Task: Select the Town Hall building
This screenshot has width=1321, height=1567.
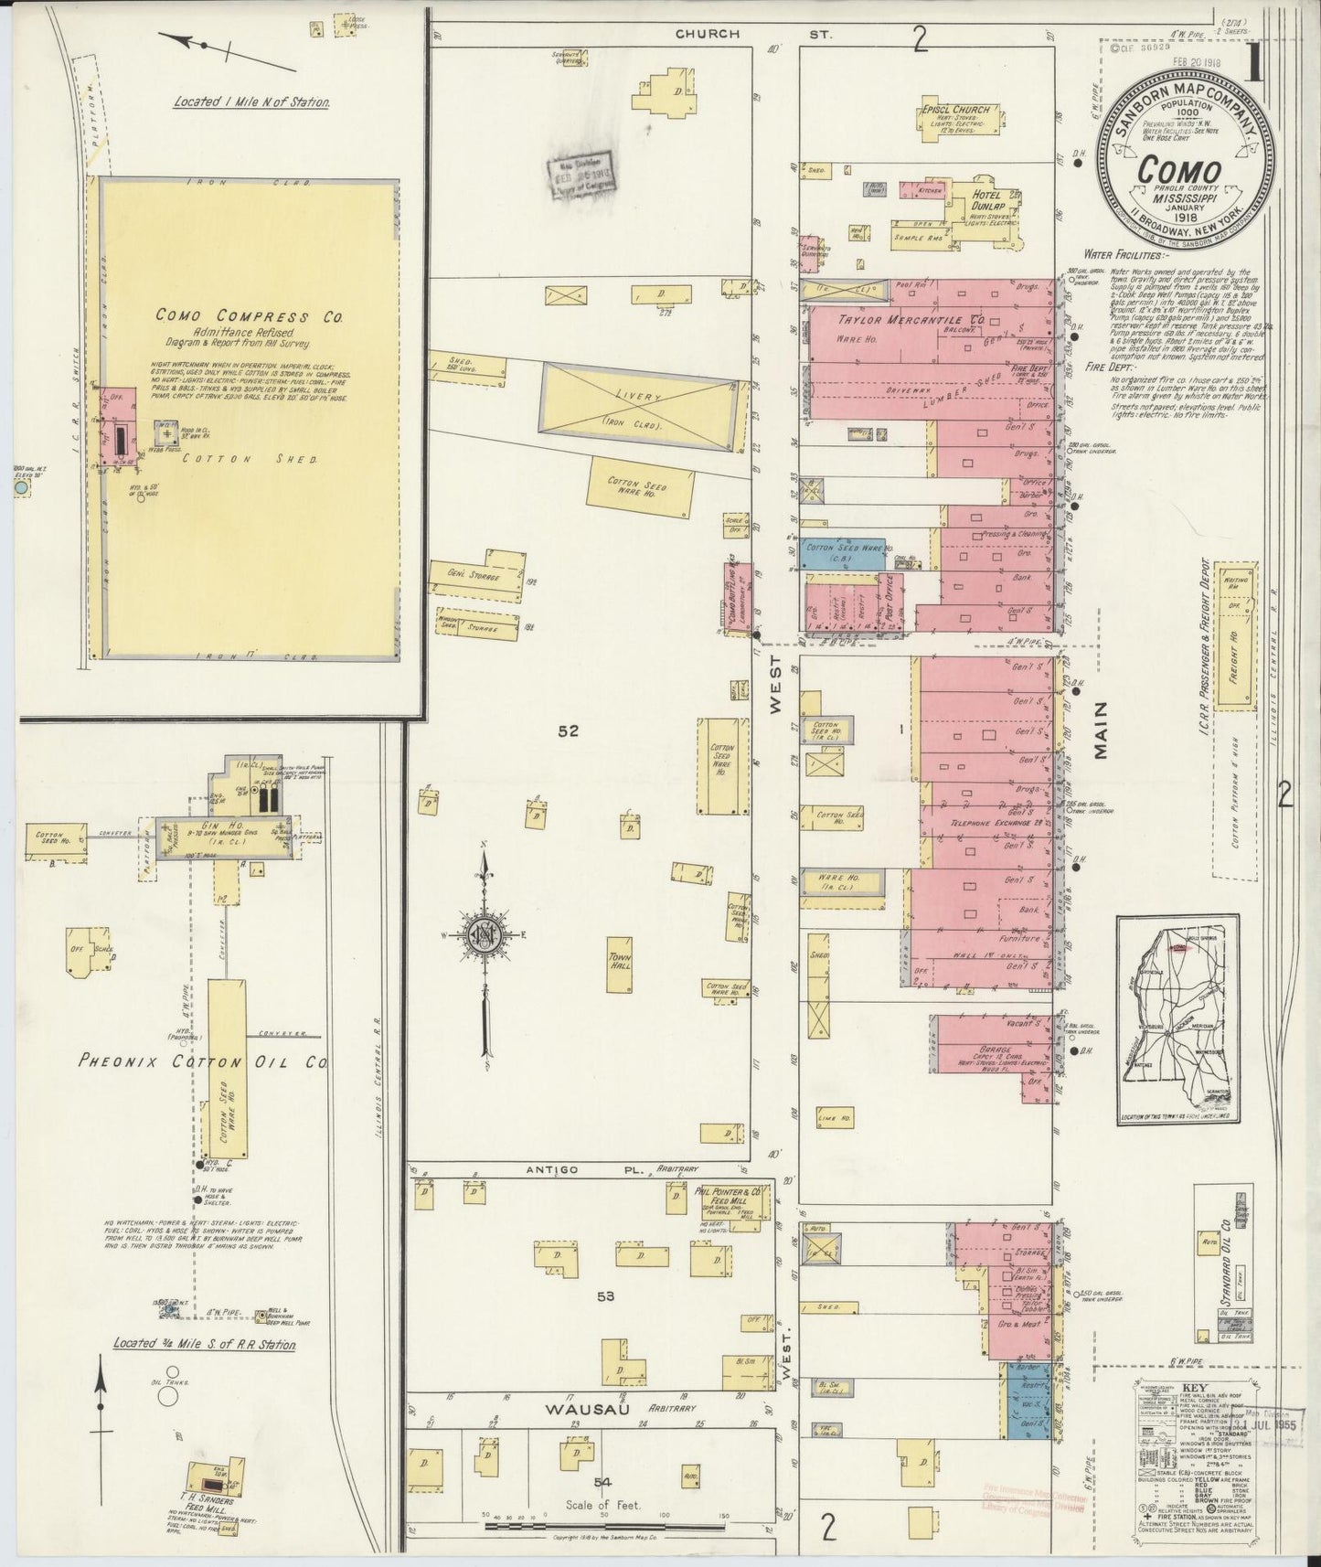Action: point(621,964)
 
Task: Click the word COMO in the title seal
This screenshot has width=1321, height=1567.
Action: point(1179,172)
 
